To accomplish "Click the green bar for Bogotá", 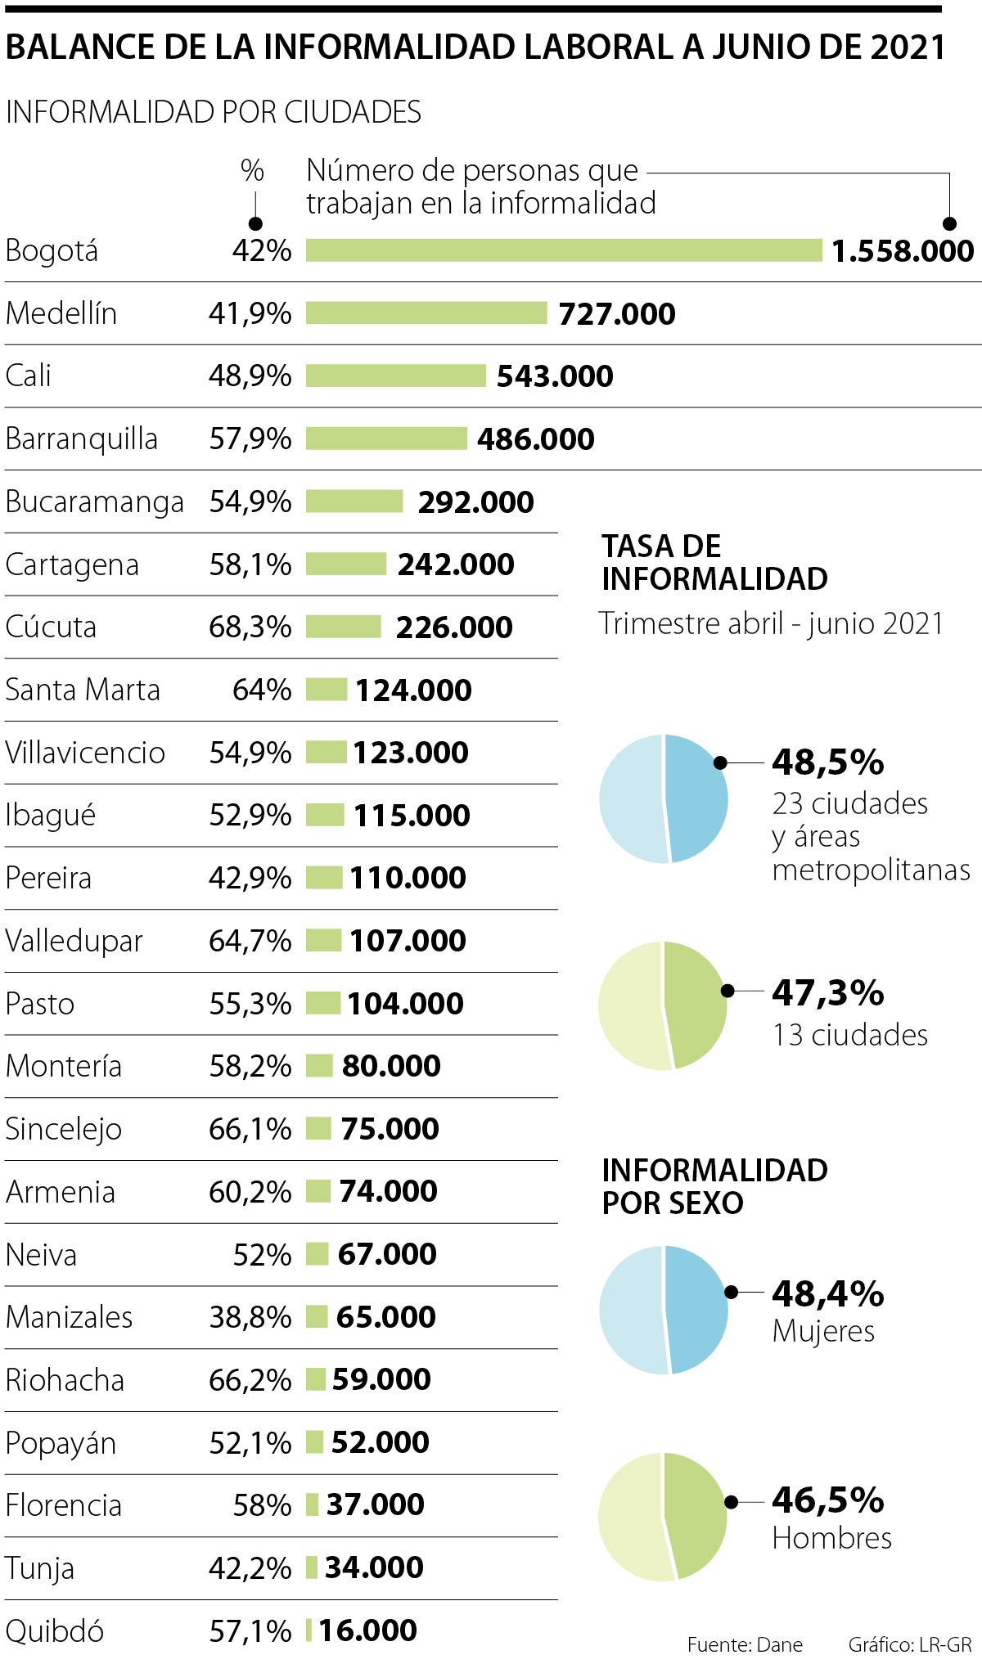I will [x=563, y=250].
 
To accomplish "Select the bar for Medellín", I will [x=426, y=313].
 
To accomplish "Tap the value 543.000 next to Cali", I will [x=555, y=376].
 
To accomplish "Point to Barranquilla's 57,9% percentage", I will [x=250, y=439].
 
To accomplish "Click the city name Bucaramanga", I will [x=94, y=502].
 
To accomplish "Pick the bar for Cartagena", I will [x=346, y=564].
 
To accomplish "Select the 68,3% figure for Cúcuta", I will [x=250, y=627].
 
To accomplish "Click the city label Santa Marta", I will [x=83, y=690].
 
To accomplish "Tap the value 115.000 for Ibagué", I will [x=412, y=816].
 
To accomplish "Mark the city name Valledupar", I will [x=74, y=942].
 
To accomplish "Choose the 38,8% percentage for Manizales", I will [x=250, y=1317].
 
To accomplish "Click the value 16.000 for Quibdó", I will [x=367, y=1630].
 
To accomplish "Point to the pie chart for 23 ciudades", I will [x=664, y=798].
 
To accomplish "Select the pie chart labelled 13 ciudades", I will [x=663, y=1005].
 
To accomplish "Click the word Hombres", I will [x=831, y=1539].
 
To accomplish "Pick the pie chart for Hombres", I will [x=663, y=1517].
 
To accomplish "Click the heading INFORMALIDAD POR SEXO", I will [x=714, y=1186].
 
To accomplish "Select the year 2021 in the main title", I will [x=908, y=47].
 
